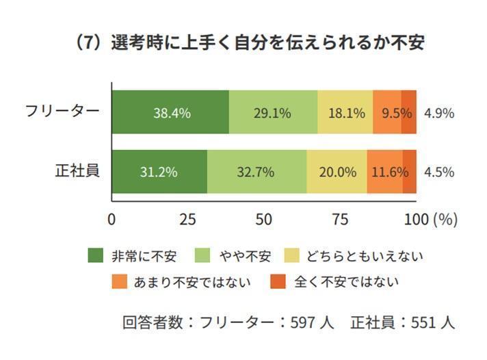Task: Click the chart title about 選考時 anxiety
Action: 249,42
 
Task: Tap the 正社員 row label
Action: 77,171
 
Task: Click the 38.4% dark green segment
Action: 170,112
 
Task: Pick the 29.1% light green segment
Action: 273,112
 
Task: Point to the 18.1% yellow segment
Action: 345,112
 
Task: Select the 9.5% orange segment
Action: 388,112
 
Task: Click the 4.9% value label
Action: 439,113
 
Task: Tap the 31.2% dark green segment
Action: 159,172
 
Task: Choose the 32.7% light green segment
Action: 256,172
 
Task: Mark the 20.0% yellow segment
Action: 337,172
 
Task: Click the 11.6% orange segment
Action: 385,172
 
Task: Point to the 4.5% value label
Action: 439,172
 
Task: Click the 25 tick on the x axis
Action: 188,220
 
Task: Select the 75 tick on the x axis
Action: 341,220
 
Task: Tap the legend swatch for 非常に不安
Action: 96,257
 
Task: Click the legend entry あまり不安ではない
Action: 192,281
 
